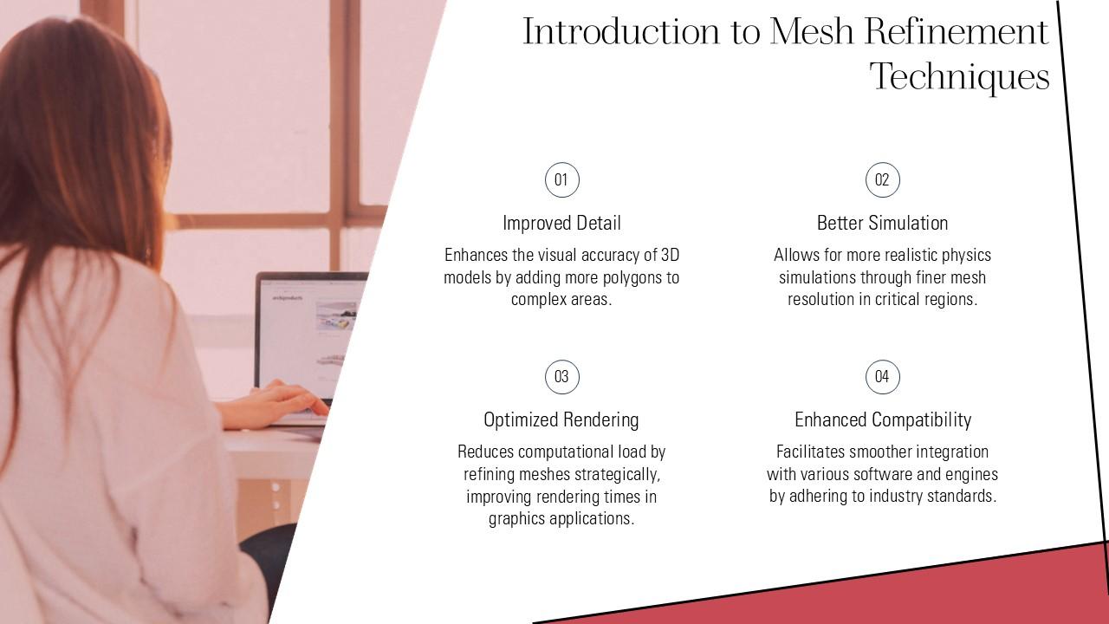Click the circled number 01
tap(562, 179)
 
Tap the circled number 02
tap(883, 179)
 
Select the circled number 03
tap(562, 377)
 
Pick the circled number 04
tap(883, 377)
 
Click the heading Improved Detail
tap(561, 224)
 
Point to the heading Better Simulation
tap(882, 224)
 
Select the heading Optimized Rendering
tap(561, 420)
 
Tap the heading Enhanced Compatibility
tap(883, 420)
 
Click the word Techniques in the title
tap(959, 77)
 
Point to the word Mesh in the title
tap(812, 31)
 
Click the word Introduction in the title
tap(621, 31)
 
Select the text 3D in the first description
tap(670, 255)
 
